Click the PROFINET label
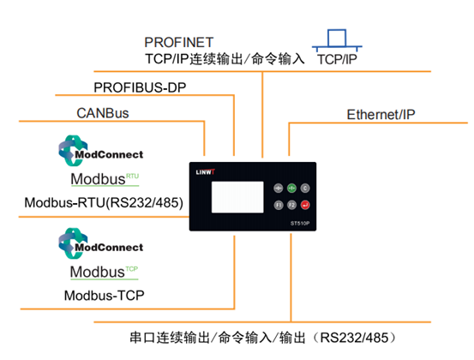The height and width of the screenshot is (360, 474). point(179,42)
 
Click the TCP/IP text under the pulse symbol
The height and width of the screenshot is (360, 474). point(337,61)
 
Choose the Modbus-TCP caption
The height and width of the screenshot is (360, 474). point(103,296)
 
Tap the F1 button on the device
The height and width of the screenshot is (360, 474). point(279,206)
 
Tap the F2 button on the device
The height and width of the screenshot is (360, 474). point(291,206)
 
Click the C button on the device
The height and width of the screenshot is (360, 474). point(305,188)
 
